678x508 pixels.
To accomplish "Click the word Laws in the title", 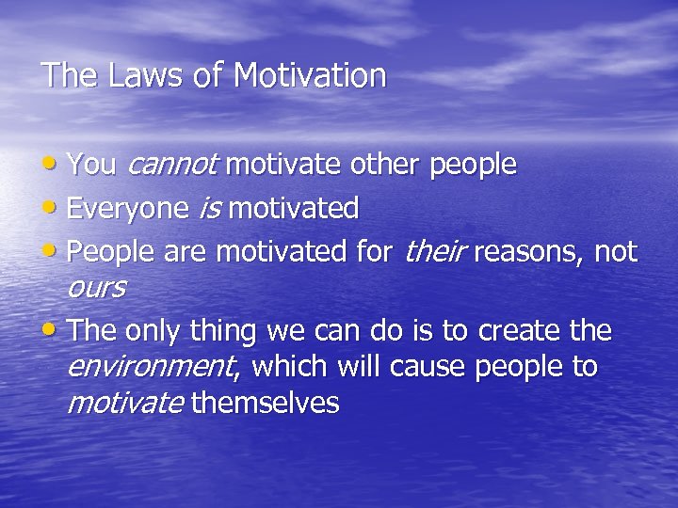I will click(133, 75).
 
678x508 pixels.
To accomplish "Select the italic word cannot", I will click(171, 165).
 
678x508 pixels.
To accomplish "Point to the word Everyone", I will click(130, 208).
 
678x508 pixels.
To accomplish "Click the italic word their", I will click(435, 251).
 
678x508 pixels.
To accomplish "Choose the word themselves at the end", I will click(265, 404).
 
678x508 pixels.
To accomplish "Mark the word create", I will click(522, 331).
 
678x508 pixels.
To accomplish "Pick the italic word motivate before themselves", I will click(125, 404).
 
